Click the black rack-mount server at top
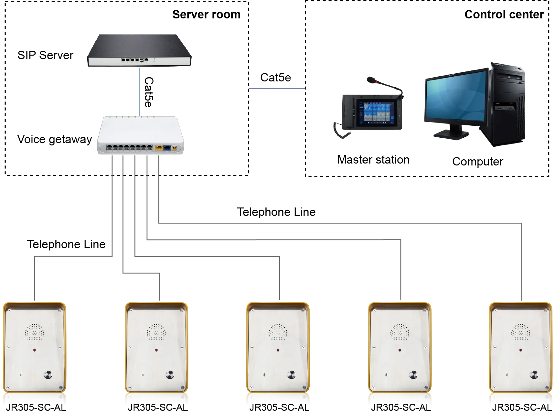click(x=139, y=50)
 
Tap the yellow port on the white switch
click(x=159, y=148)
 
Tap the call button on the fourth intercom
click(x=413, y=375)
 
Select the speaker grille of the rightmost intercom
click(x=520, y=332)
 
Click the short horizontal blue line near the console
click(x=277, y=89)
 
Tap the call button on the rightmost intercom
click(x=534, y=375)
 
